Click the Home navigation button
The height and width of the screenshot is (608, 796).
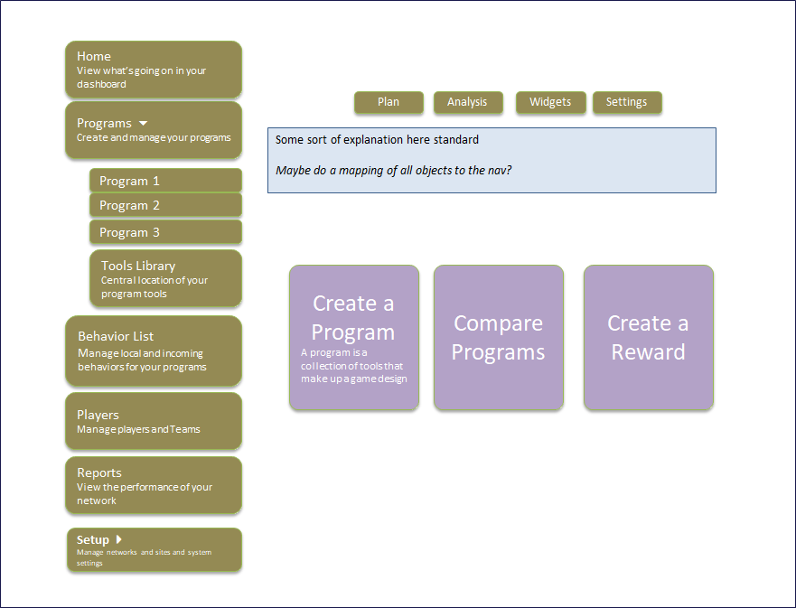[x=154, y=70]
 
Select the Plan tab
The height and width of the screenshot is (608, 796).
[x=389, y=102]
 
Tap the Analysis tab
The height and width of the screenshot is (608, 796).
[x=467, y=102]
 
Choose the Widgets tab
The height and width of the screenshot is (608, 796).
[x=550, y=102]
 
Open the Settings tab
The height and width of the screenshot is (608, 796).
[x=627, y=102]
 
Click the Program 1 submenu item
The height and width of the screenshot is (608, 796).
[x=165, y=181]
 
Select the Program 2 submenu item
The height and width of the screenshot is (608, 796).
[x=165, y=205]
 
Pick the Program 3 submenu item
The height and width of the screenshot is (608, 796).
[x=165, y=232]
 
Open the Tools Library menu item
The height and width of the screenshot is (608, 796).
[x=165, y=278]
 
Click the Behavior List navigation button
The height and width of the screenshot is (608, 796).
[x=154, y=351]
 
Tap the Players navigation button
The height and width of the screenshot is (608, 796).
[x=154, y=421]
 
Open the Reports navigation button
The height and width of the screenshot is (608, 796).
[x=154, y=485]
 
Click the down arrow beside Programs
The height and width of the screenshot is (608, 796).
[x=143, y=123]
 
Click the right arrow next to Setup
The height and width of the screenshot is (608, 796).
[x=118, y=539]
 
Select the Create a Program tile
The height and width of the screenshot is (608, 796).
[x=354, y=338]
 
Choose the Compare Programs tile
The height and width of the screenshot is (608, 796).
[x=499, y=338]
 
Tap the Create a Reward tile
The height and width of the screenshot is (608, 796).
[x=649, y=338]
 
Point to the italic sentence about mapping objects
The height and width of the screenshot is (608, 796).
[x=394, y=170]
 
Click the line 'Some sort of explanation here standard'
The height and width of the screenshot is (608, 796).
[x=377, y=140]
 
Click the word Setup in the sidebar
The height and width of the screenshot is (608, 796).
[x=93, y=540]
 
